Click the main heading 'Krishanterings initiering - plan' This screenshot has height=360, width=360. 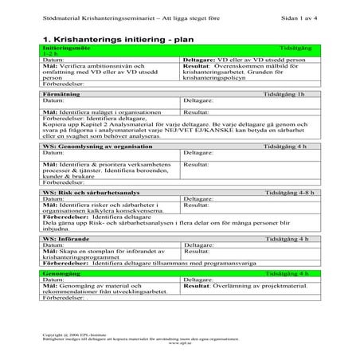pos(135,37)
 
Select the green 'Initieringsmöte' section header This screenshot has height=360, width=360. pos(72,49)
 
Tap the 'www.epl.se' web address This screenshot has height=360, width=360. pos(180,345)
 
